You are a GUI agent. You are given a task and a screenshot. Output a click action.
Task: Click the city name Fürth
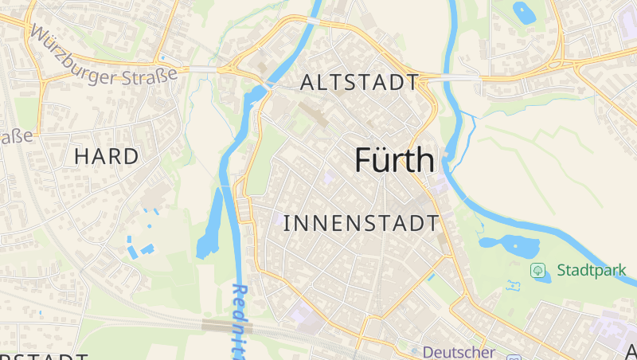395,160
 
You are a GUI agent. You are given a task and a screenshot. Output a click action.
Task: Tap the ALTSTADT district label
360,83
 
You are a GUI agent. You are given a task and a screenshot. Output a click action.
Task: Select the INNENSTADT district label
361,223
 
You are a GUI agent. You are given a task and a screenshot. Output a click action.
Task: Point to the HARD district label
106,156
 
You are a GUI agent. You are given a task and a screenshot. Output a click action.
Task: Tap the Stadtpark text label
592,270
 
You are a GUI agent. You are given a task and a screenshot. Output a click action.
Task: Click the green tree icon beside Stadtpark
538,270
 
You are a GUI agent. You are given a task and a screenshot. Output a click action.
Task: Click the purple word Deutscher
459,351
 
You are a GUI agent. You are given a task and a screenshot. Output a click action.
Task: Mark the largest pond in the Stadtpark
506,245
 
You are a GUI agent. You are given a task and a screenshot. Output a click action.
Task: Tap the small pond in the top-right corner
525,13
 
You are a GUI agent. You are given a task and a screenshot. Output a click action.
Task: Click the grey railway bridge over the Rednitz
227,326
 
